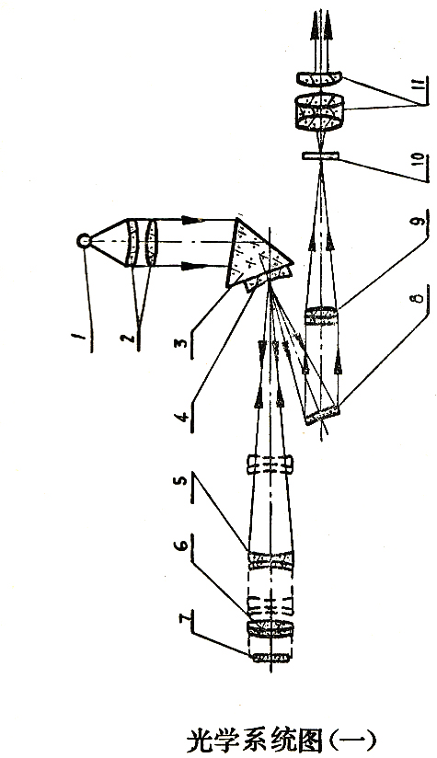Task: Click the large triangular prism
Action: (258, 257)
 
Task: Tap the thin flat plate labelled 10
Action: (320, 155)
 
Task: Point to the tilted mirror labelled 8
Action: (322, 415)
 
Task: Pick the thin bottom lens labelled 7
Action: (270, 658)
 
